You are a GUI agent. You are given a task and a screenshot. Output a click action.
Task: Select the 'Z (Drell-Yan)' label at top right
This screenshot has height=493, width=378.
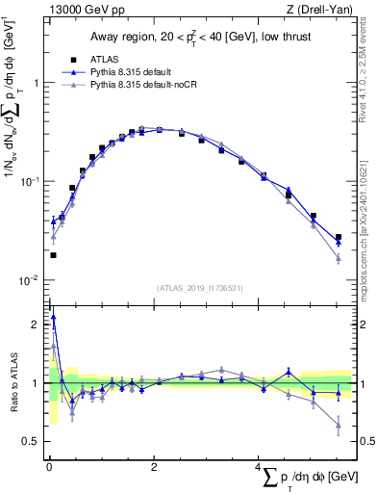click(x=319, y=11)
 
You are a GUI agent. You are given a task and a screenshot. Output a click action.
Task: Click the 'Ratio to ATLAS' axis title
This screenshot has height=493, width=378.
click(x=13, y=382)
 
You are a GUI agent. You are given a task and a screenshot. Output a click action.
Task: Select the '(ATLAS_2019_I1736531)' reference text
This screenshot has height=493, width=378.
click(x=199, y=288)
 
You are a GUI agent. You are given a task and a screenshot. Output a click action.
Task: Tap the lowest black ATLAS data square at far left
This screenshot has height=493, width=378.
click(x=53, y=255)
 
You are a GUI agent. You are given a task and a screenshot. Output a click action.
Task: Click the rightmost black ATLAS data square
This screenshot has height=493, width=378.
click(x=338, y=237)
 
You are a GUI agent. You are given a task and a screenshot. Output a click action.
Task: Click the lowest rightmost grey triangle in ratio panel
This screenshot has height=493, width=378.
click(x=338, y=425)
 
